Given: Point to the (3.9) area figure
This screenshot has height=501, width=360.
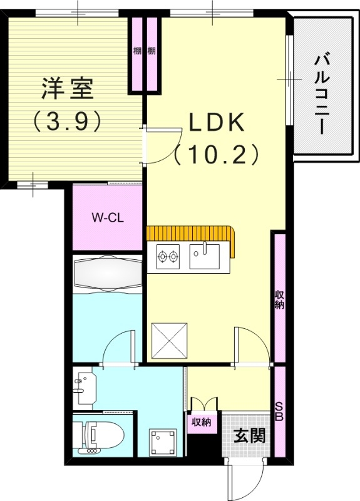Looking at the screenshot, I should pyautogui.click(x=67, y=121).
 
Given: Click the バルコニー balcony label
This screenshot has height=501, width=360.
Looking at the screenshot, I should pyautogui.click(x=322, y=95).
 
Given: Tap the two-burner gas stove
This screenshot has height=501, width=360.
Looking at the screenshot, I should pyautogui.click(x=168, y=256).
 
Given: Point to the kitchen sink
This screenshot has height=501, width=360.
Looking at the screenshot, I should pyautogui.click(x=204, y=256).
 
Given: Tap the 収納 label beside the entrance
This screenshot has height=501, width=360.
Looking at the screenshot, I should pyautogui.click(x=202, y=422).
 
